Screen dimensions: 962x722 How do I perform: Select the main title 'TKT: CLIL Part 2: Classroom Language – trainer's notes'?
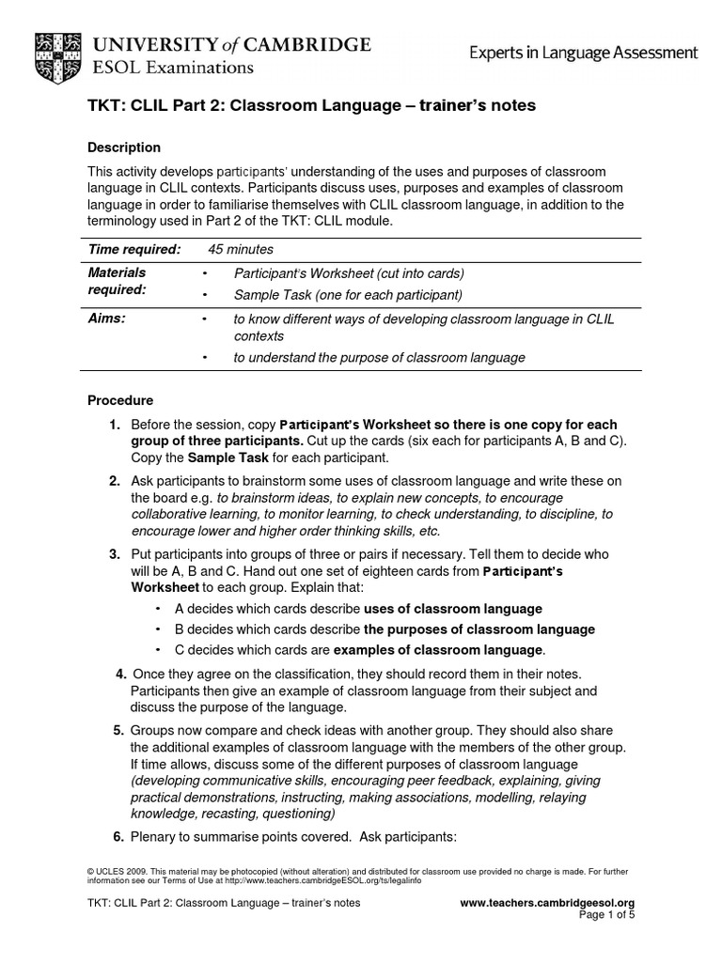(x=311, y=106)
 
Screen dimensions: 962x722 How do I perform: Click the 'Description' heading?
(x=124, y=147)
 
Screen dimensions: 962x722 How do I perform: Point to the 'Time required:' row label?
(x=133, y=249)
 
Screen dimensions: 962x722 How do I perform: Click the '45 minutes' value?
(x=241, y=249)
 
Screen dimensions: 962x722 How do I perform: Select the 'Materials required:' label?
(x=118, y=281)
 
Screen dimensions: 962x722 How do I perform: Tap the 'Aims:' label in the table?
(x=106, y=319)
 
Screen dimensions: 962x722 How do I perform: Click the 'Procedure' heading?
(x=120, y=400)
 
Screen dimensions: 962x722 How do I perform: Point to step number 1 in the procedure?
(x=114, y=425)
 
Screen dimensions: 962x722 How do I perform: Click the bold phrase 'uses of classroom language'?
(x=453, y=609)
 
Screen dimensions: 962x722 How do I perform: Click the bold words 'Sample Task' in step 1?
(x=227, y=458)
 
